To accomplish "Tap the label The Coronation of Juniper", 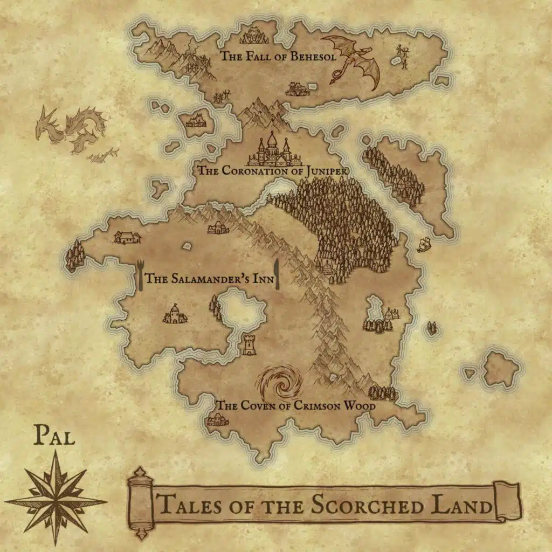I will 271,171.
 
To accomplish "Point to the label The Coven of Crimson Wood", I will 295,405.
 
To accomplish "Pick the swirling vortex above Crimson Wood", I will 279,383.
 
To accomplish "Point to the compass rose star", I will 56,497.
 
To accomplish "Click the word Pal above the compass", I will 54,436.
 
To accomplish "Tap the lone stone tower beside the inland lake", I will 249,344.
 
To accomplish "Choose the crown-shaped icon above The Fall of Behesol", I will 253,37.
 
